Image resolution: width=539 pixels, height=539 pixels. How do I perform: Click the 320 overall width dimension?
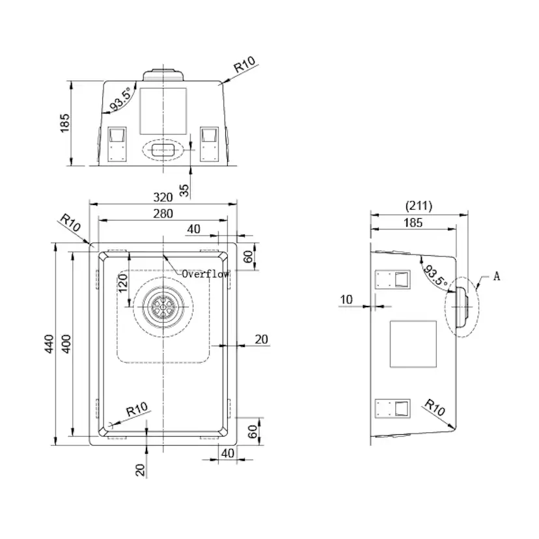pos(163,197)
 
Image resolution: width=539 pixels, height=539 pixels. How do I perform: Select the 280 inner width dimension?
pos(163,214)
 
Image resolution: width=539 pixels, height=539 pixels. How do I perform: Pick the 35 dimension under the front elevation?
pos(184,189)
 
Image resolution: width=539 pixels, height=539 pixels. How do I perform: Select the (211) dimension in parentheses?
pos(419,206)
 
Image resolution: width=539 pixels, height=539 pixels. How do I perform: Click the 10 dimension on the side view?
pos(346,299)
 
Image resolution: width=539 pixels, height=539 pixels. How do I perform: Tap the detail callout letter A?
pos(497,276)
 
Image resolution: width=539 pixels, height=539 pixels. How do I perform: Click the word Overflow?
pos(206,274)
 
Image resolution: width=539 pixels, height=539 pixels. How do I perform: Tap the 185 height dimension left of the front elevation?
pos(64,122)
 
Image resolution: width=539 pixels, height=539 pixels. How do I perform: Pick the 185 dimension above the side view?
pos(413,223)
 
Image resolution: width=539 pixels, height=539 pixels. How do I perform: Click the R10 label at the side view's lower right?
pos(434,407)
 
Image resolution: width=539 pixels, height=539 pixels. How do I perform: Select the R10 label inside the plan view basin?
pos(137,409)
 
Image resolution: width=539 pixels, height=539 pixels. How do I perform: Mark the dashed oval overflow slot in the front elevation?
pos(163,149)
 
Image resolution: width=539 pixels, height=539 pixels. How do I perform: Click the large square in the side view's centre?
pos(413,344)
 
